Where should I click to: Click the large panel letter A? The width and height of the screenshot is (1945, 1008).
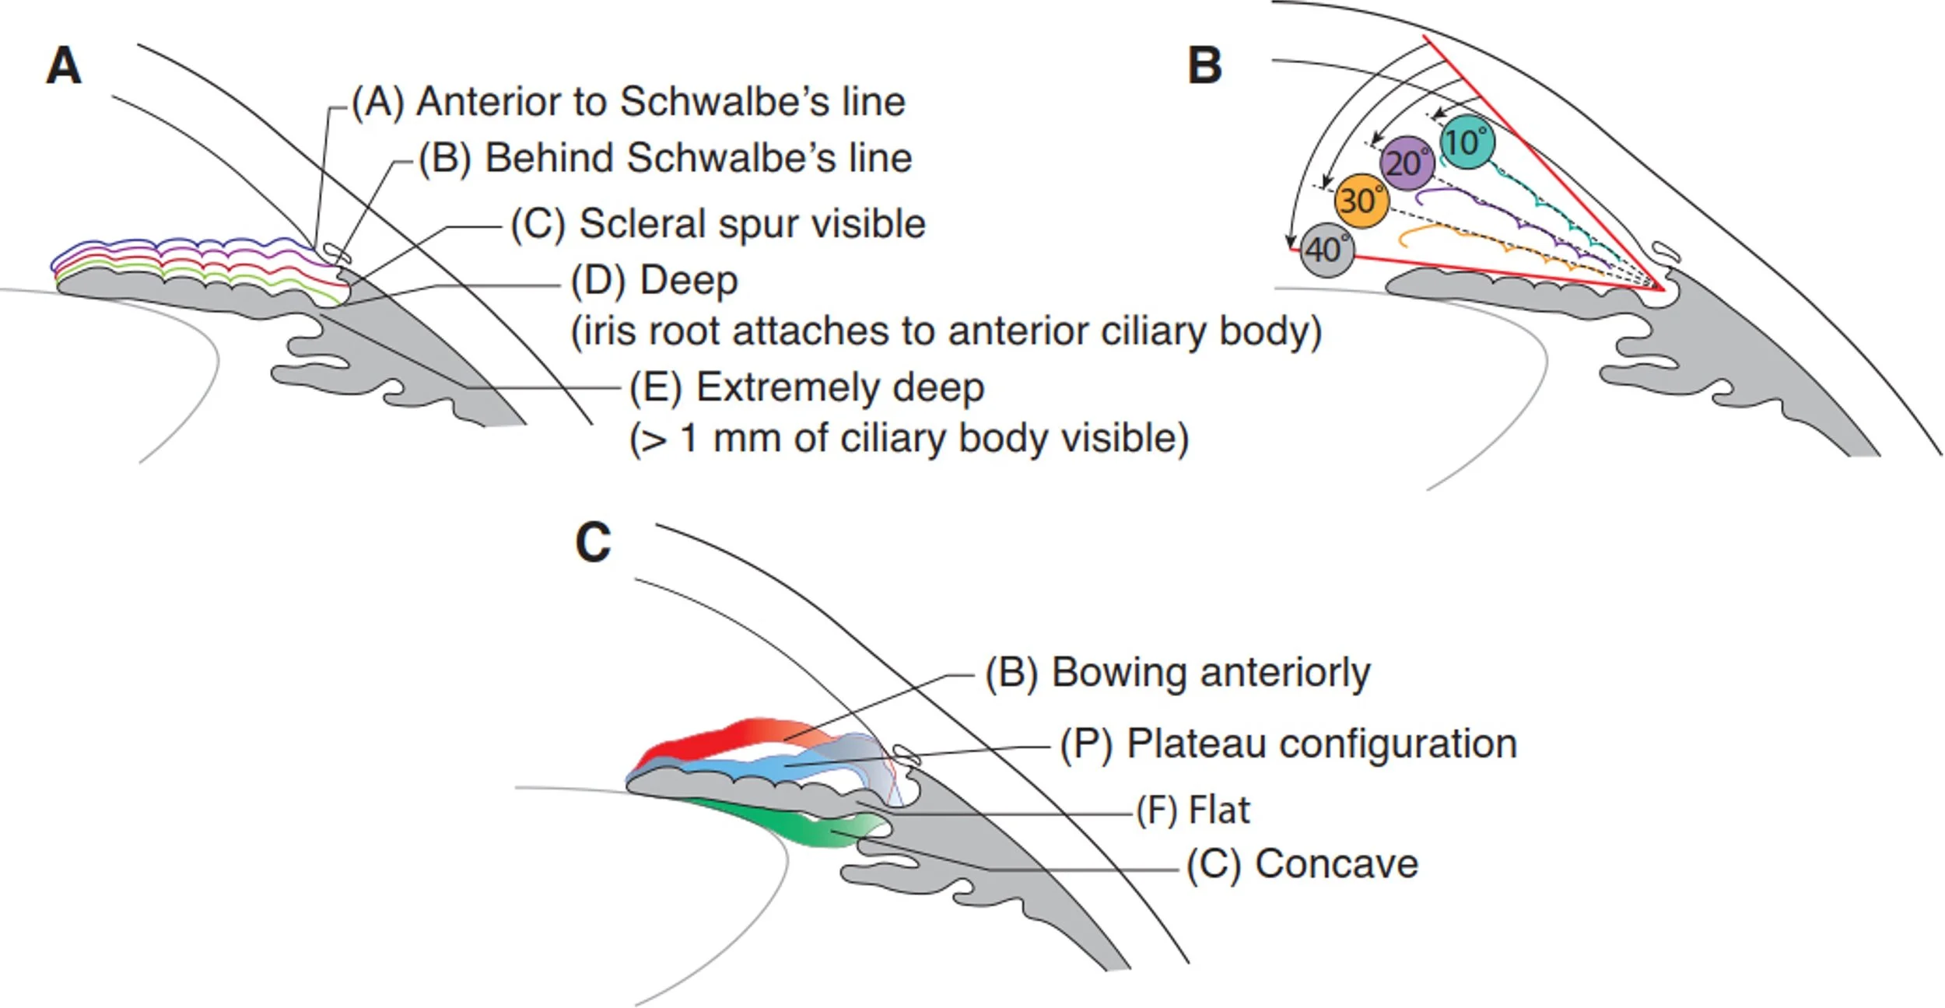pyautogui.click(x=63, y=65)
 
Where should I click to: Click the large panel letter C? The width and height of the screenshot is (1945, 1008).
pyautogui.click(x=593, y=542)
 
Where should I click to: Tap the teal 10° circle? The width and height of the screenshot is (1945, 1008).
pyautogui.click(x=1467, y=142)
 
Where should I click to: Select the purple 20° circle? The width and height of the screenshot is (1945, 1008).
pyautogui.click(x=1407, y=163)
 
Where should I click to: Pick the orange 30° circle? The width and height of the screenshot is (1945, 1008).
pyautogui.click(x=1361, y=201)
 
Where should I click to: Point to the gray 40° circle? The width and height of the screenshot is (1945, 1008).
pyautogui.click(x=1327, y=250)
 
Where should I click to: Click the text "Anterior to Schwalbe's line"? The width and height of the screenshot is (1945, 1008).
pyautogui.click(x=661, y=102)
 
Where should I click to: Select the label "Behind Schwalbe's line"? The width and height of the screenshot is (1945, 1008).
pyautogui.click(x=699, y=158)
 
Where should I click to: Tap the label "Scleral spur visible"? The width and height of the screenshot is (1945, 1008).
pyautogui.click(x=752, y=224)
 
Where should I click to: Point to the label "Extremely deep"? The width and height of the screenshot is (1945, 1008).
pyautogui.click(x=839, y=387)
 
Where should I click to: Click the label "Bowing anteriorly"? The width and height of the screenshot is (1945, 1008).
pyautogui.click(x=1211, y=673)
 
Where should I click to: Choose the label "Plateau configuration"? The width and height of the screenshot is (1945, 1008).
pyautogui.click(x=1322, y=744)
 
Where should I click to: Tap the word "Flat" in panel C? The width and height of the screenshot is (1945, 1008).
pyautogui.click(x=1219, y=810)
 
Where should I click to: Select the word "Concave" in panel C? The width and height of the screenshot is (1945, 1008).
pyautogui.click(x=1337, y=864)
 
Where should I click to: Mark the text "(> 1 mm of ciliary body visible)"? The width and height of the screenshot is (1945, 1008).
pyautogui.click(x=909, y=439)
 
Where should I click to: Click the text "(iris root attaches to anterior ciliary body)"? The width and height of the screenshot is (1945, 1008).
pyautogui.click(x=946, y=332)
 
